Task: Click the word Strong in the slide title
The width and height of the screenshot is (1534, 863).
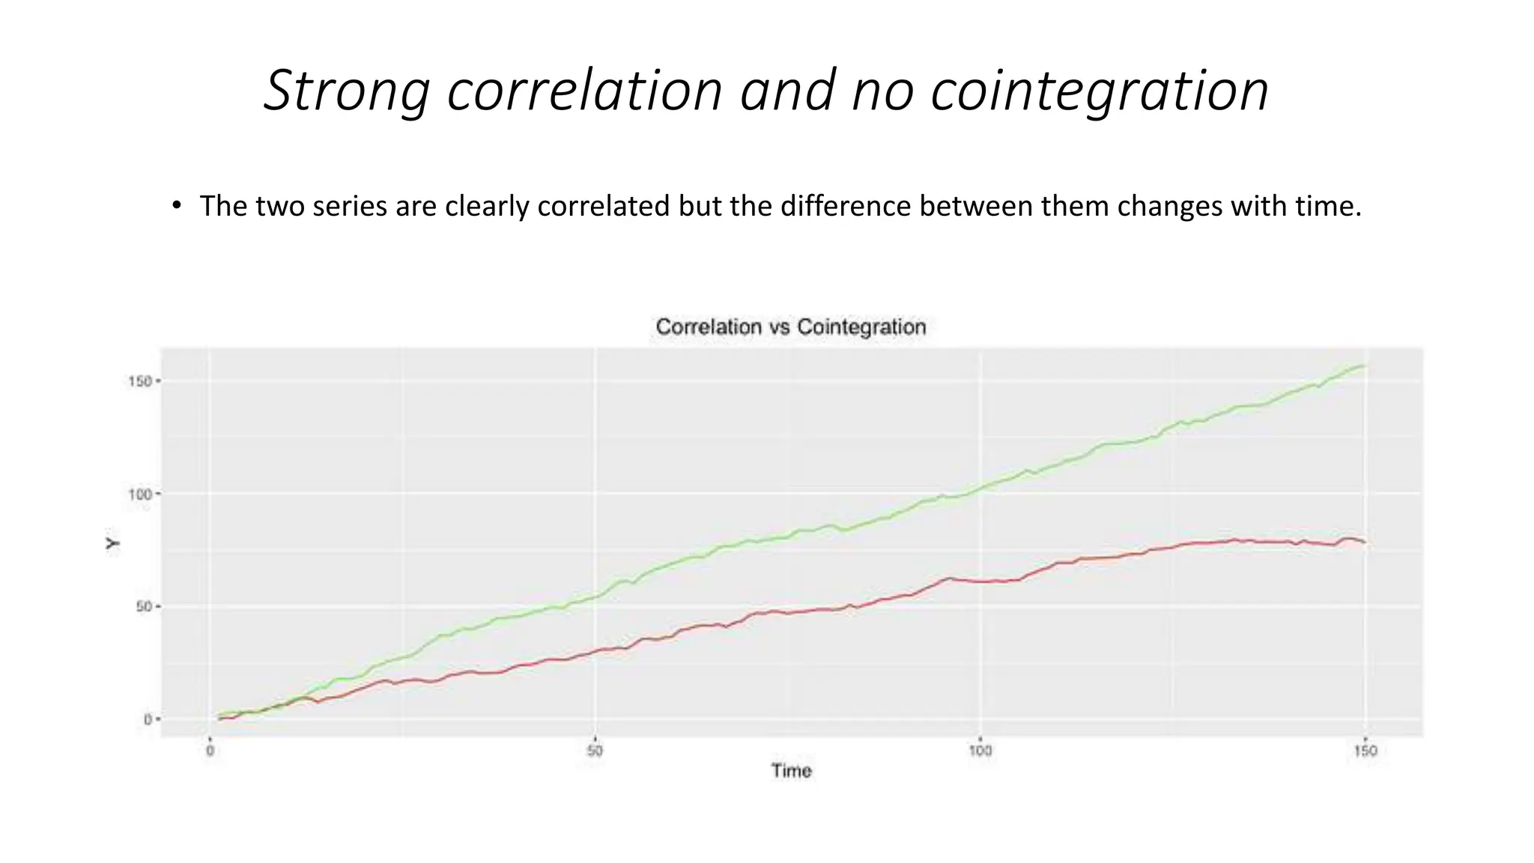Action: point(347,91)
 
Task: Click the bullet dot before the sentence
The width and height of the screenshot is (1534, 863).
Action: point(176,205)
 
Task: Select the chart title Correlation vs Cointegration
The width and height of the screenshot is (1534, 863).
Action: point(791,327)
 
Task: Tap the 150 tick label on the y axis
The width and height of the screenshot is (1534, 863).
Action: point(140,381)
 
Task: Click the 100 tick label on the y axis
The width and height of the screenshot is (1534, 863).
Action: point(140,494)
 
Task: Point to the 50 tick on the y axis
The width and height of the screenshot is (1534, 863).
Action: point(144,607)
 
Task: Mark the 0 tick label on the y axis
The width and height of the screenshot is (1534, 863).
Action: point(148,719)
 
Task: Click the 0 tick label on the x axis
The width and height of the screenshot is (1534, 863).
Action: point(210,751)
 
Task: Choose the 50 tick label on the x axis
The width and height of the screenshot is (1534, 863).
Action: point(595,751)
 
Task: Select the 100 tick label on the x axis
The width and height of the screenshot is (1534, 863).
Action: point(980,751)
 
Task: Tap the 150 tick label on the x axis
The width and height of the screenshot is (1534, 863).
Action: point(1365,751)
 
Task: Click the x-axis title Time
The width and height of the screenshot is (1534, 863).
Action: point(791,771)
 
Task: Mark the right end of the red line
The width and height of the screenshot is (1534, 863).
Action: point(1365,542)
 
